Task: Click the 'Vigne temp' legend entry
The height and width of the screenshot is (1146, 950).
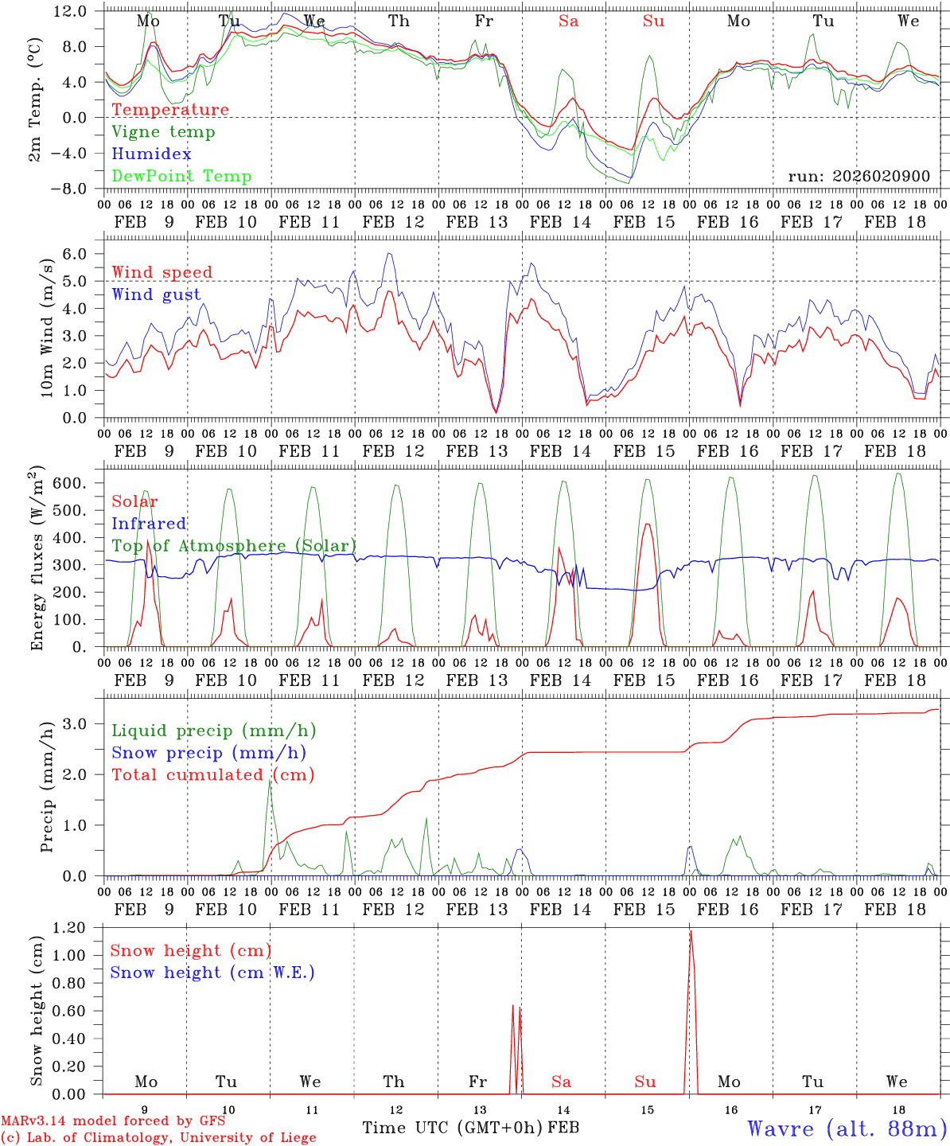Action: pos(163,132)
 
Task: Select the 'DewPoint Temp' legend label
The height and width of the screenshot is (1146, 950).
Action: pos(181,177)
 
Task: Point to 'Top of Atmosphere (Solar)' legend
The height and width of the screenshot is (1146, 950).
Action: pos(234,546)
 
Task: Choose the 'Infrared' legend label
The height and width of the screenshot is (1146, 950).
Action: pos(149,524)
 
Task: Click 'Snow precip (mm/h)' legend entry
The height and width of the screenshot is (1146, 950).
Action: pos(208,753)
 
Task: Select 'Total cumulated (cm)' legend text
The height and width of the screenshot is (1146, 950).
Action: pos(212,775)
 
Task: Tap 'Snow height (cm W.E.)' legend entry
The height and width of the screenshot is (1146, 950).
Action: pos(212,973)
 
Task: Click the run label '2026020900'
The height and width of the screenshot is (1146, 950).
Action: pos(859,176)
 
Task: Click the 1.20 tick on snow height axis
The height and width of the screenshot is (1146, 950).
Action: pos(70,928)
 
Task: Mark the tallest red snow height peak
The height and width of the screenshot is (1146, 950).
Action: pos(691,932)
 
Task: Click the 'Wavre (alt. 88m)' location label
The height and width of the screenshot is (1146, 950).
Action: pos(847,1128)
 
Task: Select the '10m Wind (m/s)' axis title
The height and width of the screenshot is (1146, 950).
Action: pos(48,328)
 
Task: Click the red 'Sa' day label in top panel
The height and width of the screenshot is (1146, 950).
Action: pos(568,21)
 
